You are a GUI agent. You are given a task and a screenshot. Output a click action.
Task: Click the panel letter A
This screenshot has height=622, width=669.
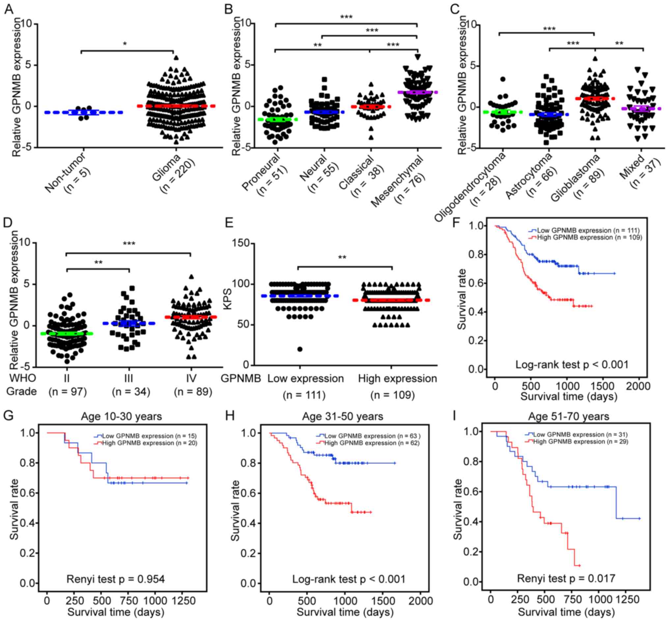(9, 9)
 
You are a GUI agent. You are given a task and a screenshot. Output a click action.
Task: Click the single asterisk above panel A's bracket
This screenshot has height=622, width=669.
(125, 44)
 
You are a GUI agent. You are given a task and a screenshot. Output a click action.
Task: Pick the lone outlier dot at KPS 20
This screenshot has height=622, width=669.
(300, 349)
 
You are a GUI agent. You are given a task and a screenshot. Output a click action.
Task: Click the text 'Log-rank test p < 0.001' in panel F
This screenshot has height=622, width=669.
(572, 365)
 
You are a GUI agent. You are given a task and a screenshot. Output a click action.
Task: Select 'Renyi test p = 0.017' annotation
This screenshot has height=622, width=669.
(566, 578)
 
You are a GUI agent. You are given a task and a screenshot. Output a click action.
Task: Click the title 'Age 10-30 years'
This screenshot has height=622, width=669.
(122, 416)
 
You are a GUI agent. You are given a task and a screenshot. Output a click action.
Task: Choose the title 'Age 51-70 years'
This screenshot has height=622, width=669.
(569, 416)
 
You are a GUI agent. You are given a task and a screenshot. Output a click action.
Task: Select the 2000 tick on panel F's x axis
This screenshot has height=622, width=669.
(638, 386)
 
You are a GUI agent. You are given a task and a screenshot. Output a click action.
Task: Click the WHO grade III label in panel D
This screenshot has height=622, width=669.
(128, 378)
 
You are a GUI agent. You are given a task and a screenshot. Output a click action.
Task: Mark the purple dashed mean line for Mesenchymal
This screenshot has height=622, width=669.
(417, 92)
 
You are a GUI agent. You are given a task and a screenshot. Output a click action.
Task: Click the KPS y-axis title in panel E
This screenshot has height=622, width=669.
(228, 299)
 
